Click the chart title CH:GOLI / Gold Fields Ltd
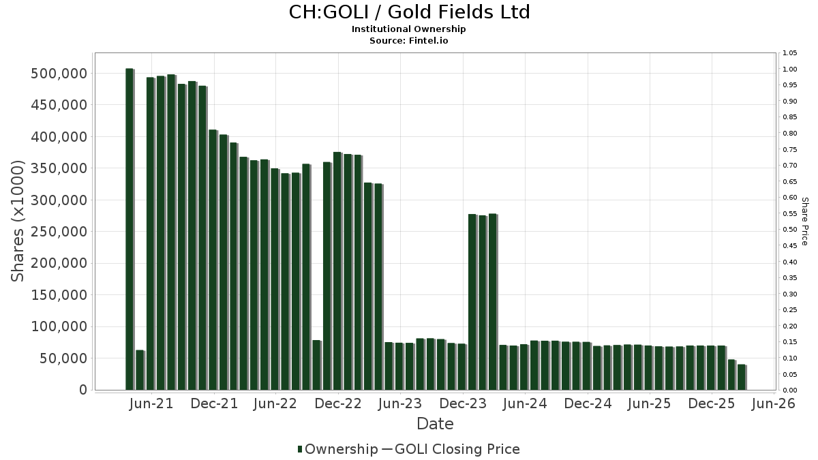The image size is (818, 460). pos(409,12)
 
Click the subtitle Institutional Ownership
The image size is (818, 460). pos(409,29)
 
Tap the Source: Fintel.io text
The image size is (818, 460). pos(409,40)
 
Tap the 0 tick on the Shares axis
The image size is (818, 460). pos(83,390)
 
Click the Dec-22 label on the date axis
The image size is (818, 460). pos(338,404)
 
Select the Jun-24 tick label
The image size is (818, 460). pos(524,404)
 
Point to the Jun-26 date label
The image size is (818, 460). pos(773,404)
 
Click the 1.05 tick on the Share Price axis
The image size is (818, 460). pos(790,53)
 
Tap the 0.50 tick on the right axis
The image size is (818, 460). pos(790,230)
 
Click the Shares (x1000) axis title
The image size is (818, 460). pos(18,221)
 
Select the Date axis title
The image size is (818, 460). pos(435,424)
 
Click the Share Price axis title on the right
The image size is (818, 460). pos(804,221)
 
